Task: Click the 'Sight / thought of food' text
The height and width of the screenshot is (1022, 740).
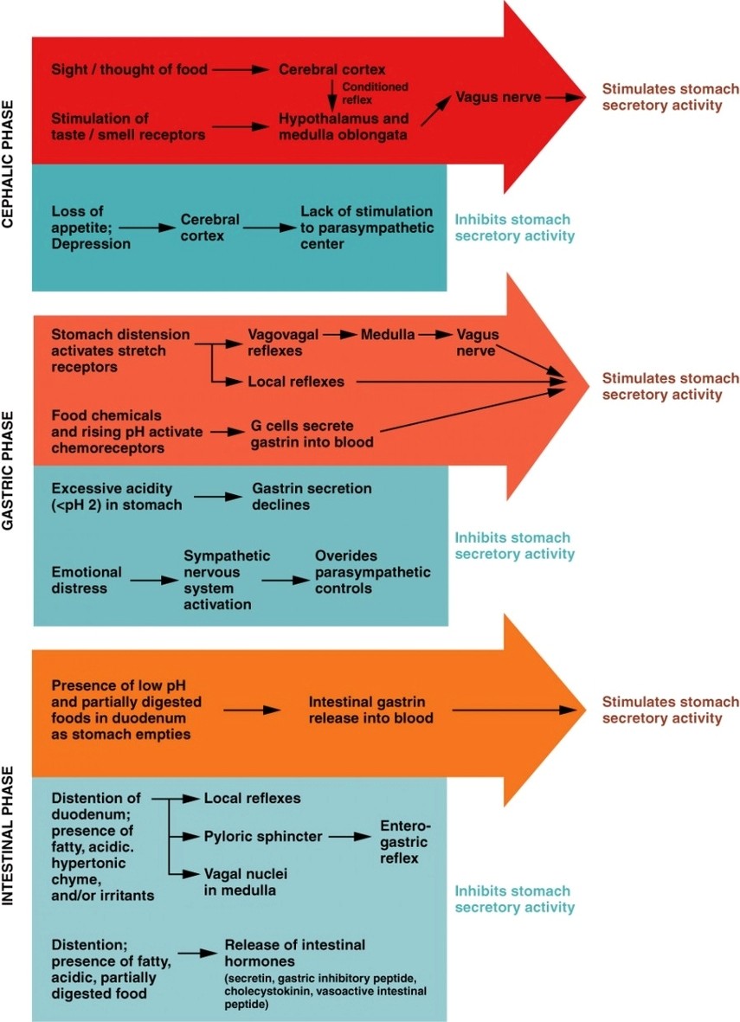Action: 129,69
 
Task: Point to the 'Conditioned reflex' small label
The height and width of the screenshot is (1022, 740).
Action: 375,93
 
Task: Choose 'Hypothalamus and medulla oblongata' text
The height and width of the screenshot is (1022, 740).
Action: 343,125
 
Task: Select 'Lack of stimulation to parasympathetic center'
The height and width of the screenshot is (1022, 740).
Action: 366,228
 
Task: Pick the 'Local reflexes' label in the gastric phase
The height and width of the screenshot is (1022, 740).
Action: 295,381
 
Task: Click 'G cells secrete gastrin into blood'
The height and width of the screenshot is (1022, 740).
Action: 312,434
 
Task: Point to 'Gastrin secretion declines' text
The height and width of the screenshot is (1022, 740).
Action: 312,497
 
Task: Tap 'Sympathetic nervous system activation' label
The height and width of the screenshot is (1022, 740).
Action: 227,580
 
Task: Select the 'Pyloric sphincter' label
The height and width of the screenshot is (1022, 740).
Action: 263,837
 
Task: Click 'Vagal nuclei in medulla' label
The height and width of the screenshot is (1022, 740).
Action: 246,882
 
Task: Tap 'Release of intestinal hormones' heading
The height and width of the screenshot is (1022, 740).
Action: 295,953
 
